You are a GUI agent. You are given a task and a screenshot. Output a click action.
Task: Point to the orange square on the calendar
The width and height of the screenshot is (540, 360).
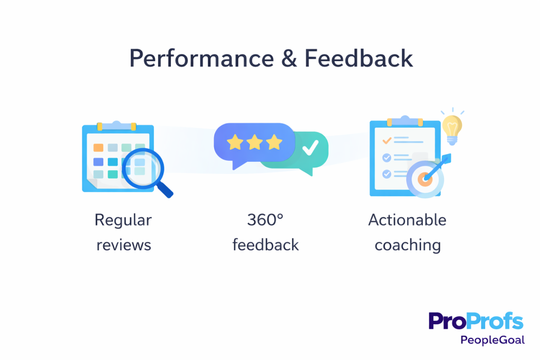click(98, 148)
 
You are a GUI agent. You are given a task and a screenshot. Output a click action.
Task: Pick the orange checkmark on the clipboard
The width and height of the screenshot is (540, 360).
click(387, 141)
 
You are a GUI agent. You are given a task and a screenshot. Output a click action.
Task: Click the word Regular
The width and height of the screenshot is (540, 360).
click(123, 220)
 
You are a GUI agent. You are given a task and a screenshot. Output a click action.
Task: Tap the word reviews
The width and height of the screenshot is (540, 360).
click(123, 245)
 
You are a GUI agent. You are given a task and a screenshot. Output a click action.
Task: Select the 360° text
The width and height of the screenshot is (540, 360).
click(265, 220)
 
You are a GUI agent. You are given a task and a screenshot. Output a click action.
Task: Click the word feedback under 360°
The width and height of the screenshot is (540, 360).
click(265, 245)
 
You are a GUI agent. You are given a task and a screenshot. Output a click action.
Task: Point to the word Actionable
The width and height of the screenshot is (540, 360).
click(407, 220)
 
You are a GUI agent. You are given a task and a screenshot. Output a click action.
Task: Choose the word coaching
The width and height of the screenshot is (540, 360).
click(407, 245)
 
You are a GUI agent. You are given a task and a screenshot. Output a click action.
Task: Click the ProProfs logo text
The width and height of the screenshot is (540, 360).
click(476, 321)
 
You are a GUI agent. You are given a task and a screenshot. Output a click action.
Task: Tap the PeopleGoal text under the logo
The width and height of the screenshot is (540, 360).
click(493, 340)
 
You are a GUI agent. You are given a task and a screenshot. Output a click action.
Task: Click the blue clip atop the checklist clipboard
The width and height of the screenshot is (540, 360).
click(404, 121)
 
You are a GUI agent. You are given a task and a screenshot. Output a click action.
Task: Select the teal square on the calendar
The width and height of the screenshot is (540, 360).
click(112, 174)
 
